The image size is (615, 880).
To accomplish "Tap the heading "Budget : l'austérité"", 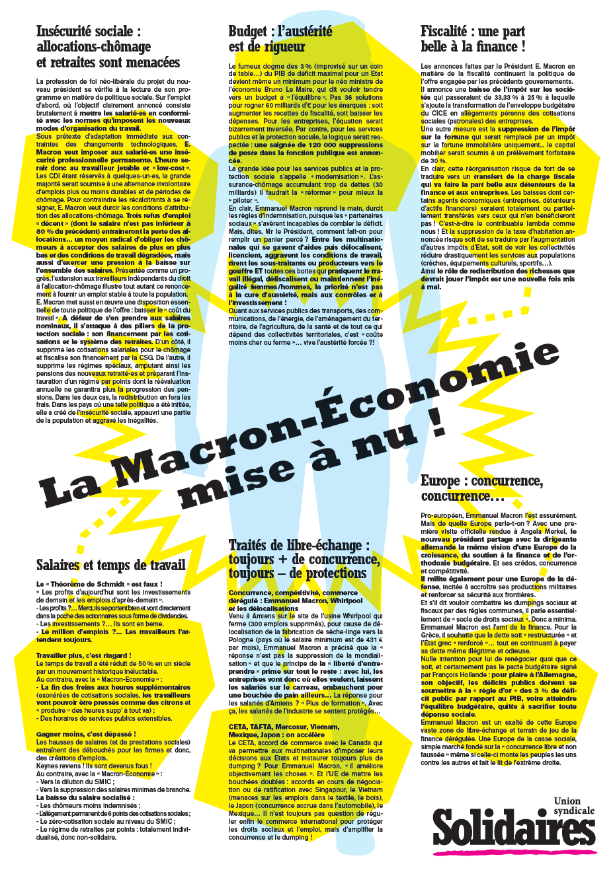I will coord(280,32).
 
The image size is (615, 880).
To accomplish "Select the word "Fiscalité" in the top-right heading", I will coord(444,32).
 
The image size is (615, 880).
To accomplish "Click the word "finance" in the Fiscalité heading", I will coord(493,47).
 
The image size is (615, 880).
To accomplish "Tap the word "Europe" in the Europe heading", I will coord(440,482).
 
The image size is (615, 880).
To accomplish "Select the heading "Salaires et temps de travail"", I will coord(110,566).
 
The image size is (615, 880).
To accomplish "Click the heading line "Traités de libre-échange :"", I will coord(299,546).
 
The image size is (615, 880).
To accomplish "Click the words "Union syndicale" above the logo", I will coord(573,806).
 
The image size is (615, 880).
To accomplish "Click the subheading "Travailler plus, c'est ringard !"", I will coord(83,655).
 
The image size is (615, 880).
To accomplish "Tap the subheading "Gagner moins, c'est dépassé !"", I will coord(86,734).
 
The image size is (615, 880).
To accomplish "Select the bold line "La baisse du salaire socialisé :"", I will coord(85,797).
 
